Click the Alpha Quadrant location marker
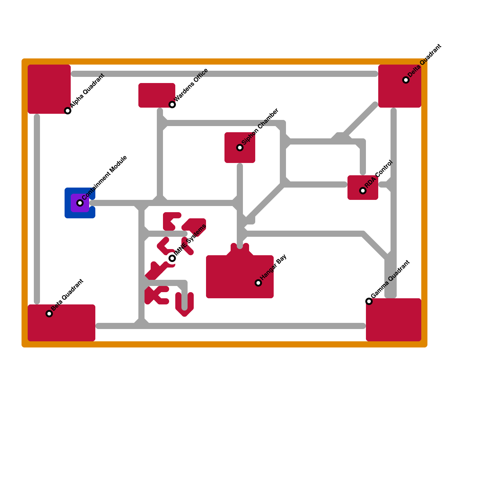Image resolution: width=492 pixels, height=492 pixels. (68, 111)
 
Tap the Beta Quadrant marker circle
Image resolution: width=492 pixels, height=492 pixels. (49, 314)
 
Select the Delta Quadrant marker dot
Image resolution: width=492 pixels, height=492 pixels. (406, 80)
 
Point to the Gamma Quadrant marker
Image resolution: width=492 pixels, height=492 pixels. (369, 301)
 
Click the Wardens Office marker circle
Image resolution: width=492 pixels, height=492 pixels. (172, 105)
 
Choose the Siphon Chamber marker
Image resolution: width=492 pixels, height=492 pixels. (240, 148)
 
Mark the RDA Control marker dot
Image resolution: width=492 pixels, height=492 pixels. (363, 191)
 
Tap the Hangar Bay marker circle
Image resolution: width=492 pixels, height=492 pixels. (258, 283)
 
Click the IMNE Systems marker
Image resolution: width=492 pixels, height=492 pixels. (172, 258)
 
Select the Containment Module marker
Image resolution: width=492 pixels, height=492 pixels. (80, 203)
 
